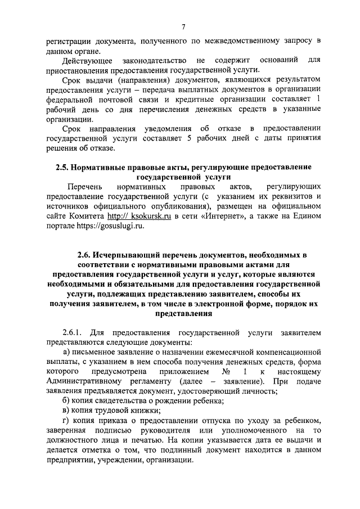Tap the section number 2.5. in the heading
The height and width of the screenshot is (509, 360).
(x=63, y=168)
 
